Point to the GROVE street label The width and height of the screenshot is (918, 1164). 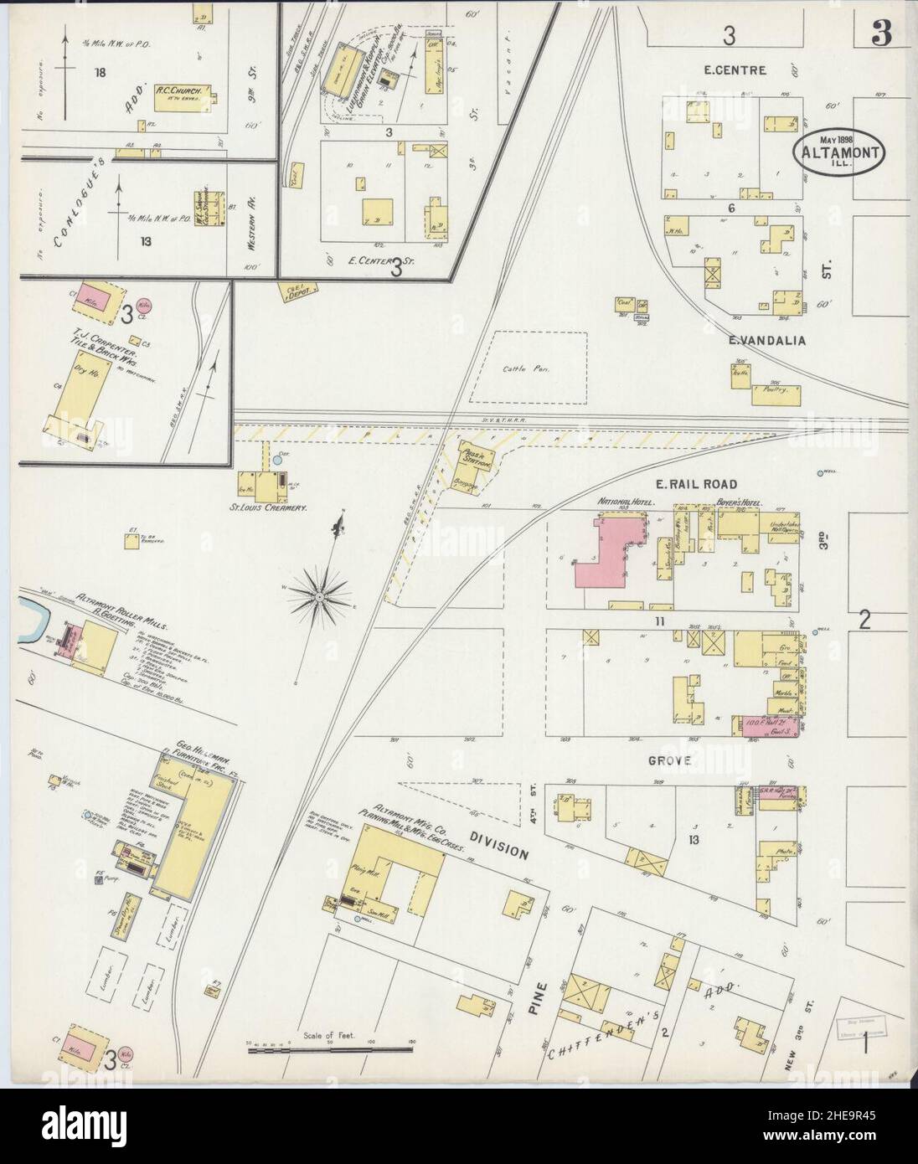point(668,760)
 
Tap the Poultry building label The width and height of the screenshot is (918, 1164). point(778,389)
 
